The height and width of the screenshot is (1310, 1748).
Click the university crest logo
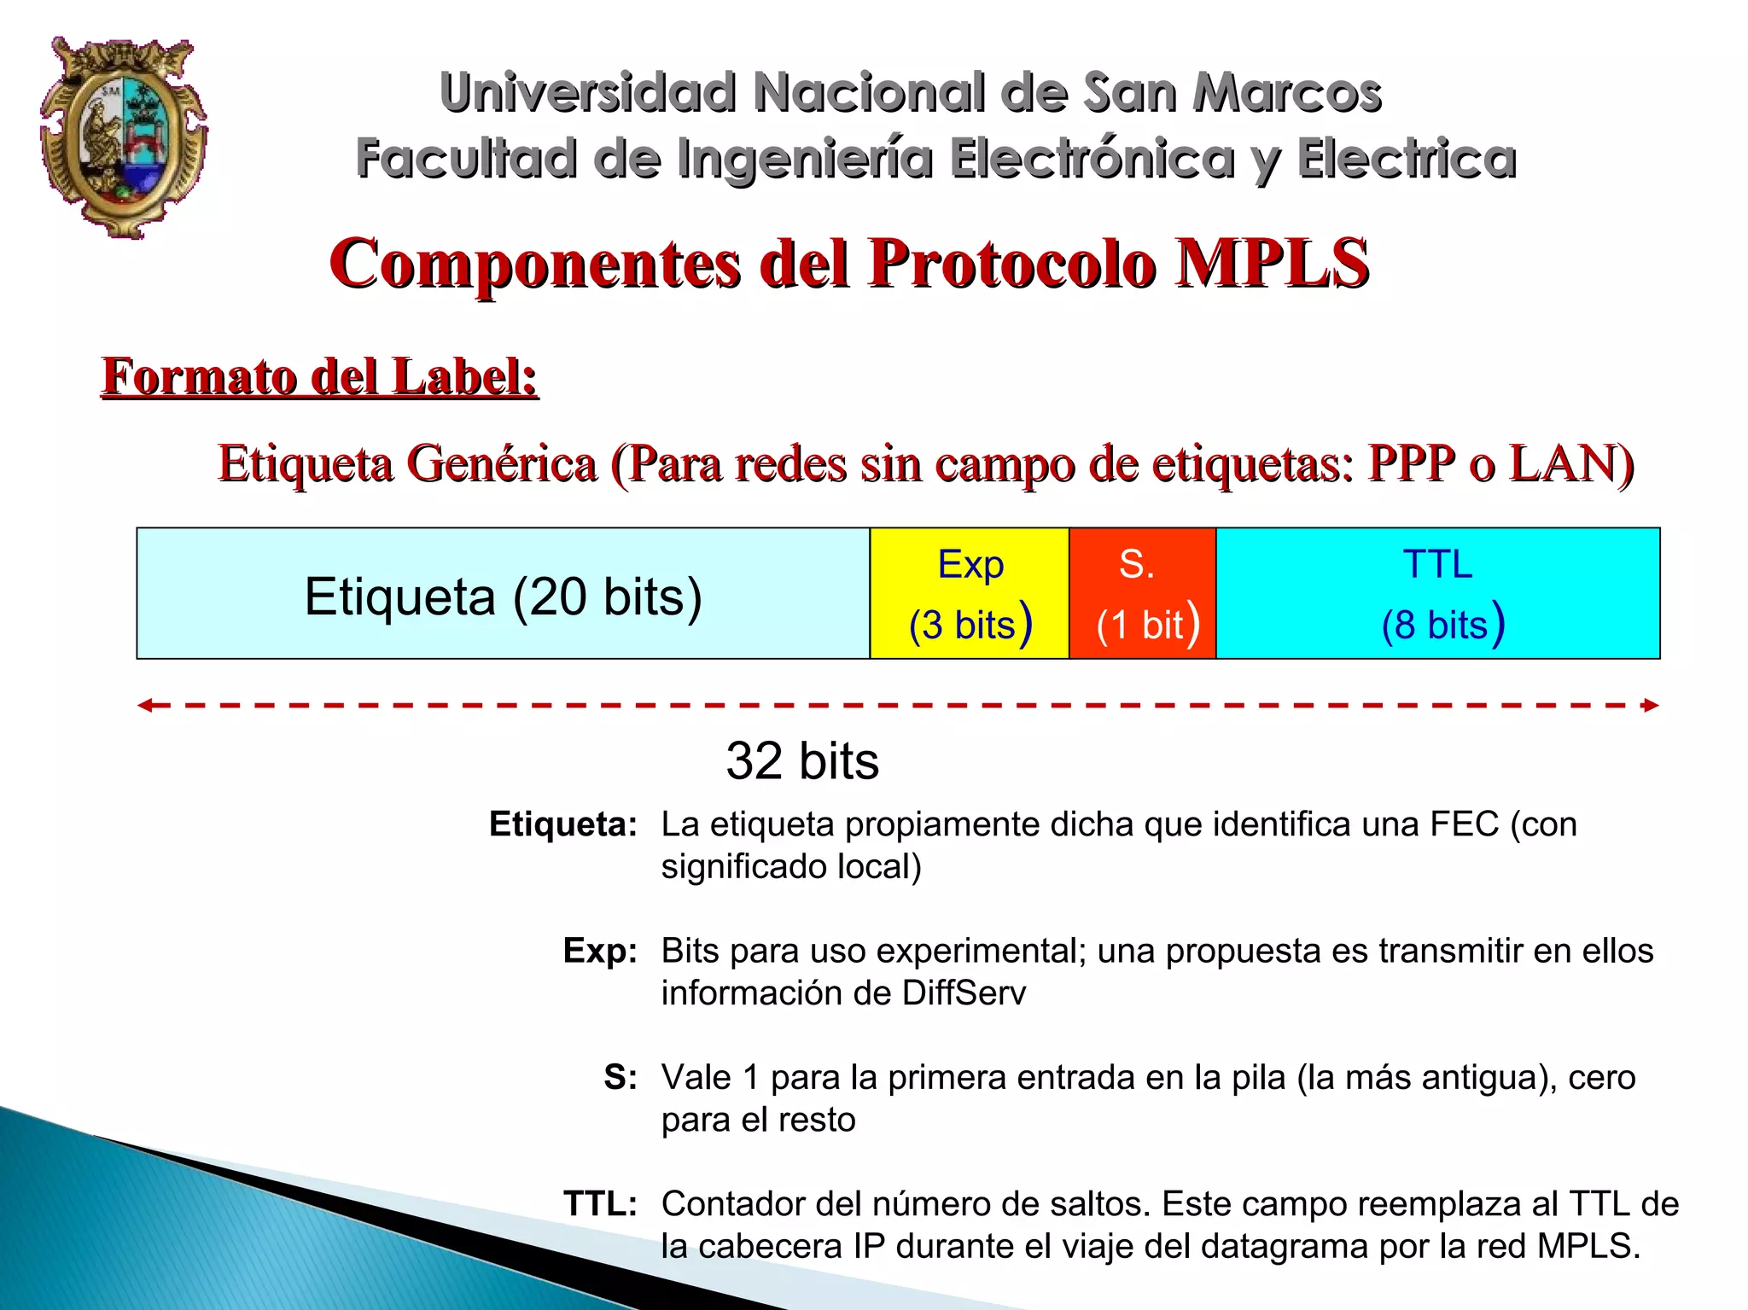[124, 137]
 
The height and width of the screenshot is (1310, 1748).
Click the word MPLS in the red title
[1272, 263]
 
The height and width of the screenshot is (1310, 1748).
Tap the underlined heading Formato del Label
[320, 376]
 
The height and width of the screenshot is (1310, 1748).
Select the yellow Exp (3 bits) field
[970, 594]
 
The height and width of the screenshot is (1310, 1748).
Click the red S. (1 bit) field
[1142, 594]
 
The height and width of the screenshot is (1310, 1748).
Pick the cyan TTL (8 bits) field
[1437, 594]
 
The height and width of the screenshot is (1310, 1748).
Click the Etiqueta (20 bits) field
[503, 596]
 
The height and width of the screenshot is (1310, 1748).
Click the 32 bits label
[801, 760]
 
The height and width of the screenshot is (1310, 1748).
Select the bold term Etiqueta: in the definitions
[562, 824]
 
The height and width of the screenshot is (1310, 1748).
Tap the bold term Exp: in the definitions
[600, 951]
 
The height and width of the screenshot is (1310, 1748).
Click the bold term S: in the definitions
[621, 1077]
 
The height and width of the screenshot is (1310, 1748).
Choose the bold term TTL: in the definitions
[600, 1203]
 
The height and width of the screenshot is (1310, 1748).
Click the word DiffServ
[964, 993]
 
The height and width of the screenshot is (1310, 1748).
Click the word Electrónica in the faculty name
[1092, 159]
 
